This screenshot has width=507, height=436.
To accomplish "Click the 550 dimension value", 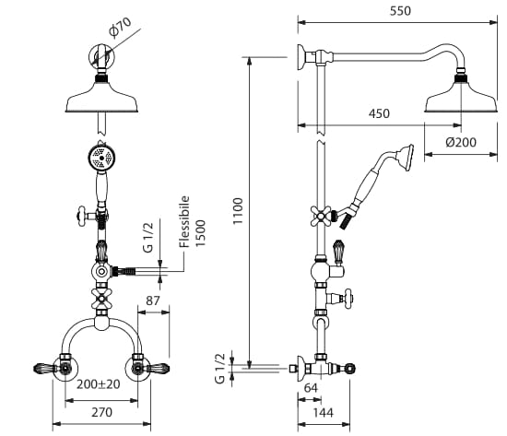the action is [x=400, y=11].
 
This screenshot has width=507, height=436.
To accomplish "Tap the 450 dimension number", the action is [x=379, y=114].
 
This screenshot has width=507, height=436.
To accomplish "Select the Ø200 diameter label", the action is [x=461, y=142].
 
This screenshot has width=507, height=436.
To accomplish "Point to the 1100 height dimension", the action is [x=238, y=211].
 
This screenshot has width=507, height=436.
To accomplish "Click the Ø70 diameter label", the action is [x=120, y=27].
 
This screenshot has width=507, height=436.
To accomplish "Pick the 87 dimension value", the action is [x=153, y=300].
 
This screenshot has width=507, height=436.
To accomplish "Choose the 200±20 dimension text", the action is [x=99, y=384].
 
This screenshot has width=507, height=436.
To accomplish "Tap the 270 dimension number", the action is [x=101, y=412].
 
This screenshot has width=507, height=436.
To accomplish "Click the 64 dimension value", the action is [x=311, y=388].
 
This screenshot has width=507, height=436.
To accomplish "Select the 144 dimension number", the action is [x=323, y=413].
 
